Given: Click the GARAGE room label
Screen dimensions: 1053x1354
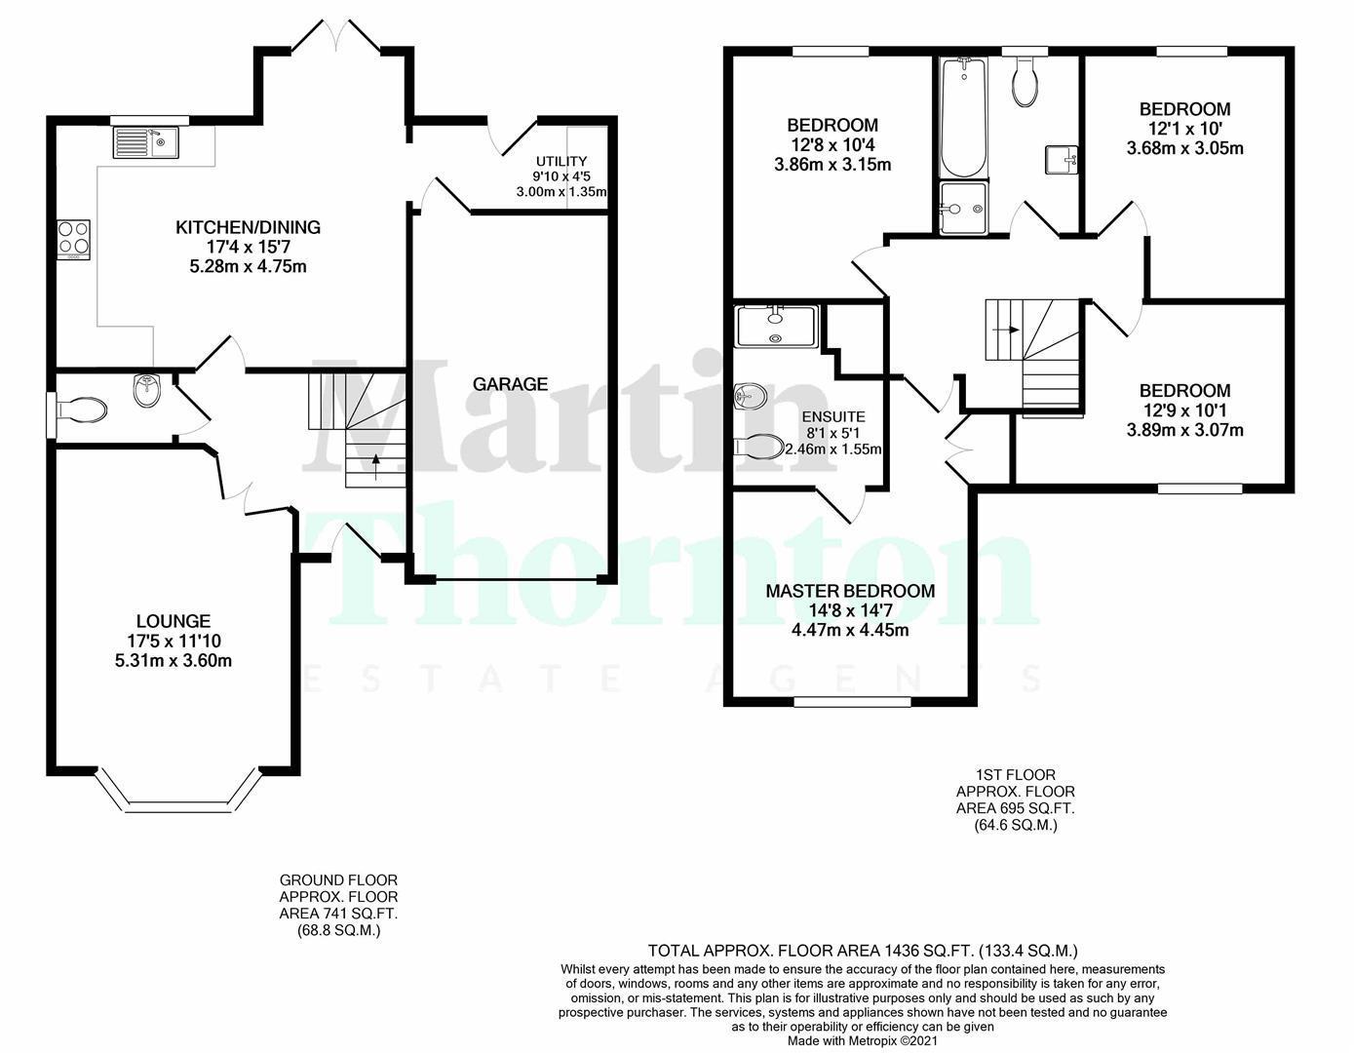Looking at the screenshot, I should (510, 384).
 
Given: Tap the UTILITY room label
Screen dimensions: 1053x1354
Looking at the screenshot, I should (561, 161).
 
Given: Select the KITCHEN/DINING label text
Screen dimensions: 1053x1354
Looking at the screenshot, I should (248, 227).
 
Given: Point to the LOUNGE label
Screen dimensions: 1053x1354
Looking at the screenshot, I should (174, 621).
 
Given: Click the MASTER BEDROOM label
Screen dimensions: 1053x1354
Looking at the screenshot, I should (849, 591).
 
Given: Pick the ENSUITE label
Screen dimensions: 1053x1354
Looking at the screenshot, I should (833, 416).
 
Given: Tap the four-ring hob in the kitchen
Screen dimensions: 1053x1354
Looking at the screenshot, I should (73, 237).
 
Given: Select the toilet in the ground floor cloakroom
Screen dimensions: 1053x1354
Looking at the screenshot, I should (83, 408).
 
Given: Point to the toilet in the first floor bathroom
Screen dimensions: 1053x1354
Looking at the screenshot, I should (1025, 80).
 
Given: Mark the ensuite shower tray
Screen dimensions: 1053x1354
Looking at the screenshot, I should (776, 326).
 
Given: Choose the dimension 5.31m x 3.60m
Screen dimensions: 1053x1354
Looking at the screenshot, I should (174, 660).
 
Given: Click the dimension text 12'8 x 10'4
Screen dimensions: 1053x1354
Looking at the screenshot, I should (832, 144).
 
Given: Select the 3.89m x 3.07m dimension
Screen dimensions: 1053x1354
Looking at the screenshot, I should (1185, 430).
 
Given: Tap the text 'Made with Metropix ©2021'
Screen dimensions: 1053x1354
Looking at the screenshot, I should (863, 1041).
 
